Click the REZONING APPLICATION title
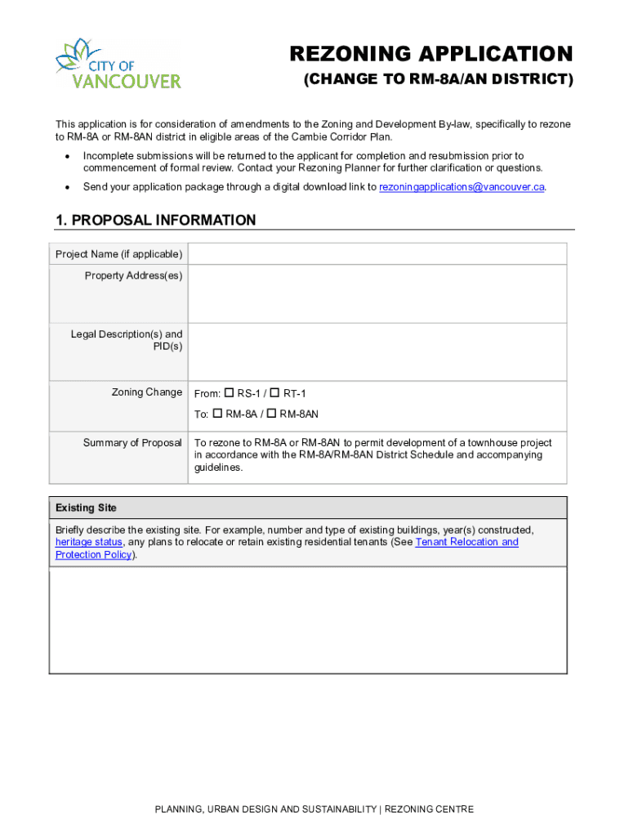pyautogui.click(x=431, y=54)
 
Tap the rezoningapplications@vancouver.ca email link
pyautogui.click(x=462, y=187)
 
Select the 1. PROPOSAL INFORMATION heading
pyautogui.click(x=155, y=221)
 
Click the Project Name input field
pyautogui.click(x=377, y=254)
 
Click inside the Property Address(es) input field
pyautogui.click(x=377, y=293)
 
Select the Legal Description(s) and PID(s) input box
pyautogui.click(x=377, y=351)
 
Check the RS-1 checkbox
pyautogui.click(x=230, y=393)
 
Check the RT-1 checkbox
pyautogui.click(x=274, y=393)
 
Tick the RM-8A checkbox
pyautogui.click(x=218, y=414)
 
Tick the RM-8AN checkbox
pyautogui.click(x=272, y=414)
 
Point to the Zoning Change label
pyautogui.click(x=147, y=392)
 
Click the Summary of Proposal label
pyautogui.click(x=132, y=443)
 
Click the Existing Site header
pyautogui.click(x=86, y=508)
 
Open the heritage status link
pyautogui.click(x=88, y=542)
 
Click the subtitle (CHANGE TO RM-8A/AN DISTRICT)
pyautogui.click(x=439, y=80)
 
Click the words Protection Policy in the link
pyautogui.click(x=93, y=555)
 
